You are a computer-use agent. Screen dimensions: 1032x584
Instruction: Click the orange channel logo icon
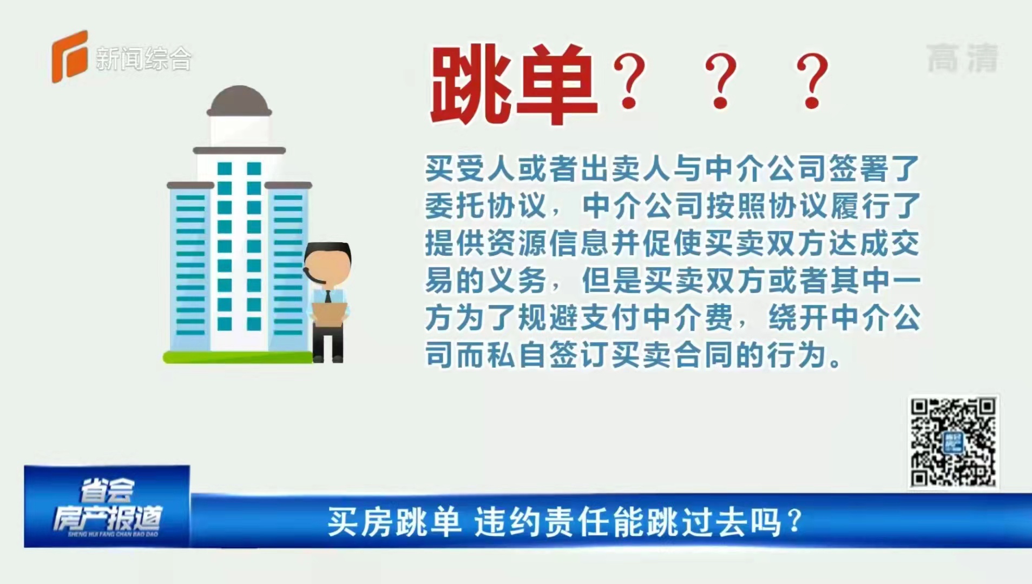tap(69, 56)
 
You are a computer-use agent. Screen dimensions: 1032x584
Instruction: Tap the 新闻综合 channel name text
tap(143, 58)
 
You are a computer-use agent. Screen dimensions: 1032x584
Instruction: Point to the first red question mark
tap(629, 82)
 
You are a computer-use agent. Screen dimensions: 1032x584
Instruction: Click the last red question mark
tap(812, 82)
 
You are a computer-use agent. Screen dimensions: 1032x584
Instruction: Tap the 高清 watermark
tap(963, 58)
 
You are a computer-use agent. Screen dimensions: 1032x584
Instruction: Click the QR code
tap(953, 442)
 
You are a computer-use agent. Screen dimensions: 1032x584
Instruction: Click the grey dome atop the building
tap(239, 101)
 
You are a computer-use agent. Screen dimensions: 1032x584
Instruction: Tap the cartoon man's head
tap(327, 264)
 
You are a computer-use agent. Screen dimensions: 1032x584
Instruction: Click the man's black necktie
tap(327, 297)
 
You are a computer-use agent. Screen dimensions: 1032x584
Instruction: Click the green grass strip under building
tap(238, 357)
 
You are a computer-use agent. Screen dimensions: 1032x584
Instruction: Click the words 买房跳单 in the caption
tap(394, 522)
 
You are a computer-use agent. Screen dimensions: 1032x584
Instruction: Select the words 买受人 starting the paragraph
tap(470, 169)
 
